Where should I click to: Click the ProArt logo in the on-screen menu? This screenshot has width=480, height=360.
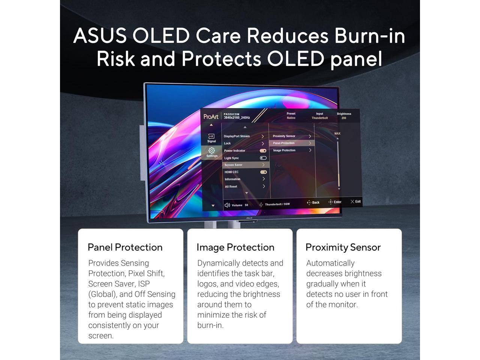click(211, 117)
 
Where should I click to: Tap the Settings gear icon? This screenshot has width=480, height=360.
click(211, 150)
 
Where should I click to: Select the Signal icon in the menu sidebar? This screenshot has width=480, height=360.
click(211, 136)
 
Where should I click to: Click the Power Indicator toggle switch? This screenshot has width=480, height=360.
click(263, 151)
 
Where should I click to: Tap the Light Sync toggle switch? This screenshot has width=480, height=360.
click(263, 158)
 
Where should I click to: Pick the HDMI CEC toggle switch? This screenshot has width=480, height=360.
click(264, 172)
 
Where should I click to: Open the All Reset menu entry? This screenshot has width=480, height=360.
click(231, 186)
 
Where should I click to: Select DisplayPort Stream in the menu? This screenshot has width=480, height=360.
click(237, 136)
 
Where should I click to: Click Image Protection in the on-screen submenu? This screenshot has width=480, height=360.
click(284, 150)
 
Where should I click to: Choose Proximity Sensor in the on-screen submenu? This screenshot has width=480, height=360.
click(284, 136)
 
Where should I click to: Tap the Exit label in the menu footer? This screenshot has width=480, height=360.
click(356, 202)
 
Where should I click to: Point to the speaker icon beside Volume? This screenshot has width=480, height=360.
click(227, 205)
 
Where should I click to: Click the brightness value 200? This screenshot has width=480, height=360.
click(344, 118)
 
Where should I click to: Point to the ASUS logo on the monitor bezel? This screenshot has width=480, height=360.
click(249, 218)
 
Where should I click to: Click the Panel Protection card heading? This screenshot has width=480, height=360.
click(125, 247)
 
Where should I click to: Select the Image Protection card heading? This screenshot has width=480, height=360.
click(235, 247)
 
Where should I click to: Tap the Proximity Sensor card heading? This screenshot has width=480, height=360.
click(343, 247)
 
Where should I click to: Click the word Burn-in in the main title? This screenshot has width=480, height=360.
click(369, 36)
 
